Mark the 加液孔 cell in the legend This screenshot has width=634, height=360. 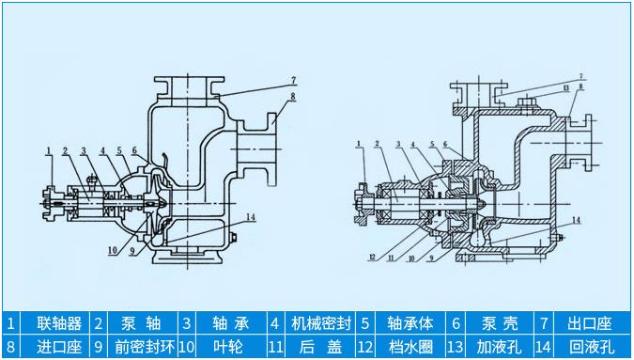pos(497,347)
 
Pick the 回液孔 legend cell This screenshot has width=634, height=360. pos(590,347)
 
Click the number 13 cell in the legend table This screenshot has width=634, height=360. pos(456,347)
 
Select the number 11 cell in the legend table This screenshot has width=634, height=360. pos(276,347)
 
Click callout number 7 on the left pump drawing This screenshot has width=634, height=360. pos(292,79)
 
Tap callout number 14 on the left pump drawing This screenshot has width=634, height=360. pos(250,216)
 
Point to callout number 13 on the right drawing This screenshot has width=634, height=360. pos(565,87)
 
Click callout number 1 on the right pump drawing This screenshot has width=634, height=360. pos(360,144)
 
